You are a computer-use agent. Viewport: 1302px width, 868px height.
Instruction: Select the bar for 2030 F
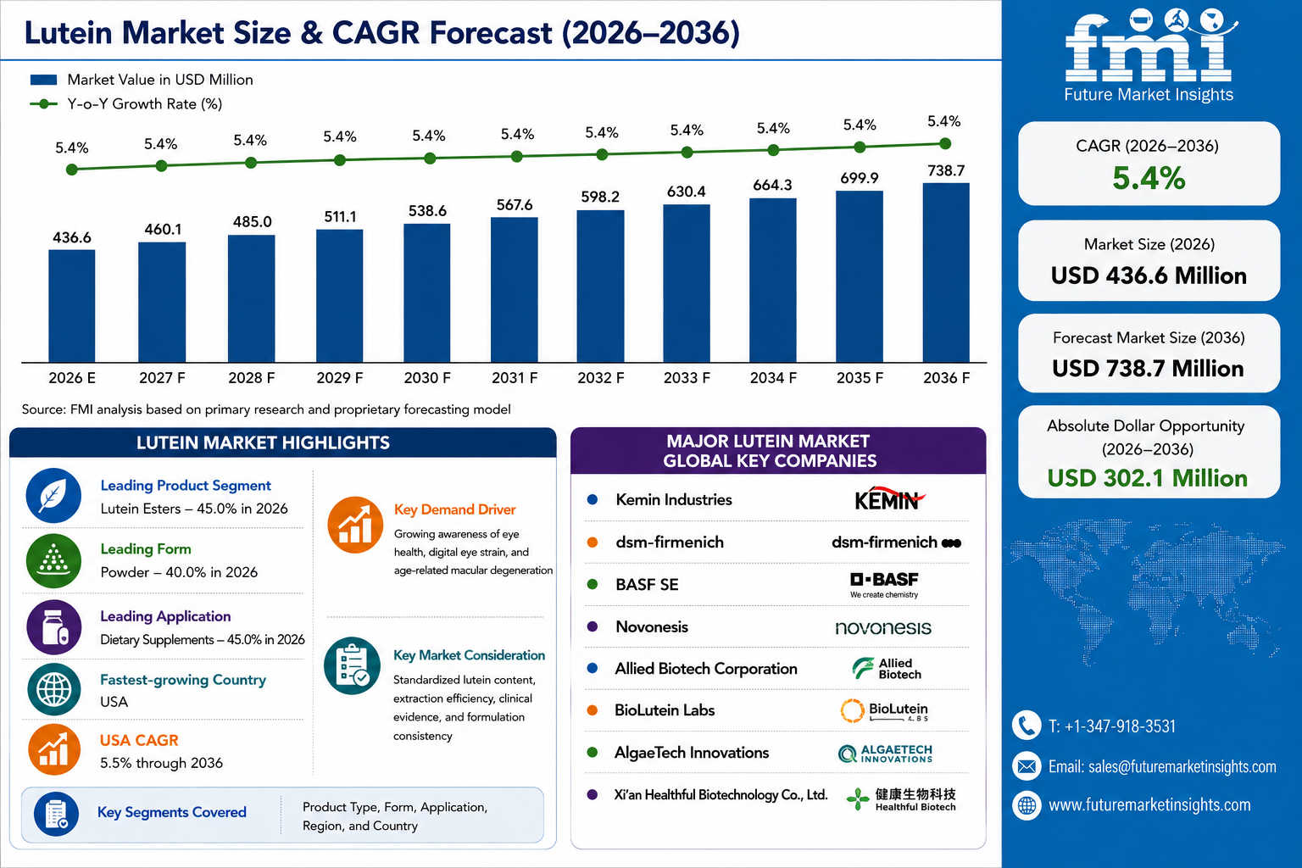coord(427,293)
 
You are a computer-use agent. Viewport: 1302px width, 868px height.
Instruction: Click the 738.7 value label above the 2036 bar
coord(946,170)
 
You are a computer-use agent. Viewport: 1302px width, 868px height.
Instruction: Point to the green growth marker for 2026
coord(72,170)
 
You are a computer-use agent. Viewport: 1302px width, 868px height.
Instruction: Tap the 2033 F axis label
coord(687,378)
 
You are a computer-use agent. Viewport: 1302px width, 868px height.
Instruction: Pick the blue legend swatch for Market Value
coord(43,80)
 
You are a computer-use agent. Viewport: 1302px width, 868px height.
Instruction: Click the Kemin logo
coord(889,498)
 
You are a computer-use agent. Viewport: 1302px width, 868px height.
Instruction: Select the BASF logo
coord(885,584)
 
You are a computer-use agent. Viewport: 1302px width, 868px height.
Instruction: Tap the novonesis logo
coord(883,627)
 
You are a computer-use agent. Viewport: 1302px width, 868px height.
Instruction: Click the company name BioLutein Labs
coord(665,709)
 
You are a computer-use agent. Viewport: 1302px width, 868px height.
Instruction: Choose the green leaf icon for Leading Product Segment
coord(53,496)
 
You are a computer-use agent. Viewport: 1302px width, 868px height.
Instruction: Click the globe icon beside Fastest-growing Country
coord(54,689)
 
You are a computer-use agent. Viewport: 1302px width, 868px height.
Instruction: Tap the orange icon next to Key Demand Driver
coord(355,525)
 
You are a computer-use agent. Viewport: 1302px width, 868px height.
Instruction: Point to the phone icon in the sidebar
coord(1027,725)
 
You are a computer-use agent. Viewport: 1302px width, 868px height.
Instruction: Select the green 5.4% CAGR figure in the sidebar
coord(1149,178)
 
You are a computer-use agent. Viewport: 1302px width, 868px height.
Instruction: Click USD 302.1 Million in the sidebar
coord(1148,478)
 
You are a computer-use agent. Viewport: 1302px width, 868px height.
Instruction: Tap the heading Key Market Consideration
coord(469,655)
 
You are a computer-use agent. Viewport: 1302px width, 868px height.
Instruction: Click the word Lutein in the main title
coord(68,32)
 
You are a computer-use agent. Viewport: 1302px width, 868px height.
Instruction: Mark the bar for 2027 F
coord(162,303)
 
